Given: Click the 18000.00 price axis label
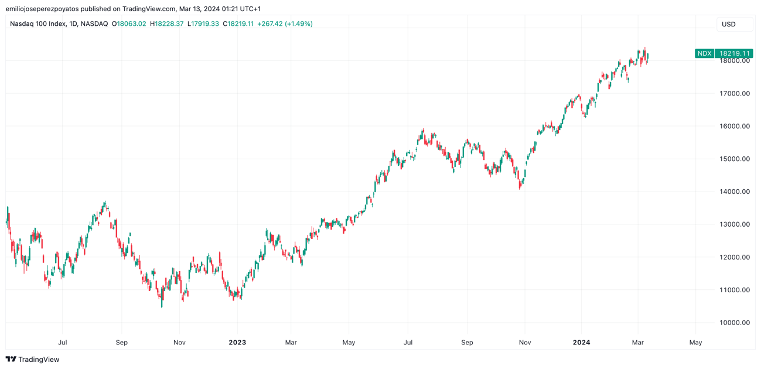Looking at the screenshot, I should (x=735, y=61).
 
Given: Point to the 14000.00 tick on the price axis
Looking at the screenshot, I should (x=735, y=192).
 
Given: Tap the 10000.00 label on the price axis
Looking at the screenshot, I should (x=735, y=323).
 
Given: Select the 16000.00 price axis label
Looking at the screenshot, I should (x=735, y=126).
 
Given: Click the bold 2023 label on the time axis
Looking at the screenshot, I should (x=237, y=343).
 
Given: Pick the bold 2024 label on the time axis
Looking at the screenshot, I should (x=581, y=343).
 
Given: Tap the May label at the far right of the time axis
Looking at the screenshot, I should (x=695, y=343).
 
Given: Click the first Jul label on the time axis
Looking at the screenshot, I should (x=63, y=343).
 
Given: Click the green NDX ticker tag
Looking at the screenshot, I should (x=704, y=53).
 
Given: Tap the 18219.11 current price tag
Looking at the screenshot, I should (x=735, y=53).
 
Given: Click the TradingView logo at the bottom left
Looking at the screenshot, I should (x=33, y=359).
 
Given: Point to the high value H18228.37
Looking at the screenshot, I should (x=167, y=24).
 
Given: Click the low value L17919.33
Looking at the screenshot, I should (x=203, y=24).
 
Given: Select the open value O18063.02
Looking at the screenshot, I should (x=129, y=24).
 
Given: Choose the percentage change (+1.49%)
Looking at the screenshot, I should (x=299, y=24).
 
